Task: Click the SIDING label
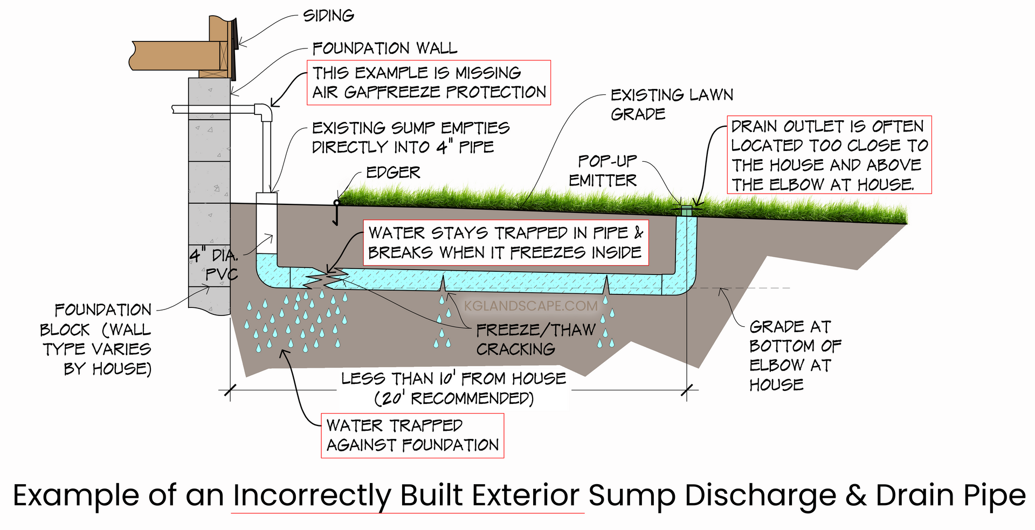328,16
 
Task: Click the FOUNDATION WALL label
384,49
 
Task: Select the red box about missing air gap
429,82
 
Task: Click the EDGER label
393,173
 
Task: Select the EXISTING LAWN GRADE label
671,104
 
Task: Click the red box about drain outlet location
829,155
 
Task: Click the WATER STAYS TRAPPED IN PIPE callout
505,243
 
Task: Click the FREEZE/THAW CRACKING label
535,339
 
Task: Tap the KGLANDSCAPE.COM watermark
530,306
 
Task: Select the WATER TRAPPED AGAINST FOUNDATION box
412,436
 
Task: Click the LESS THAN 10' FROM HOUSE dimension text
453,388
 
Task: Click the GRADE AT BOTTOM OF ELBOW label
793,355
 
